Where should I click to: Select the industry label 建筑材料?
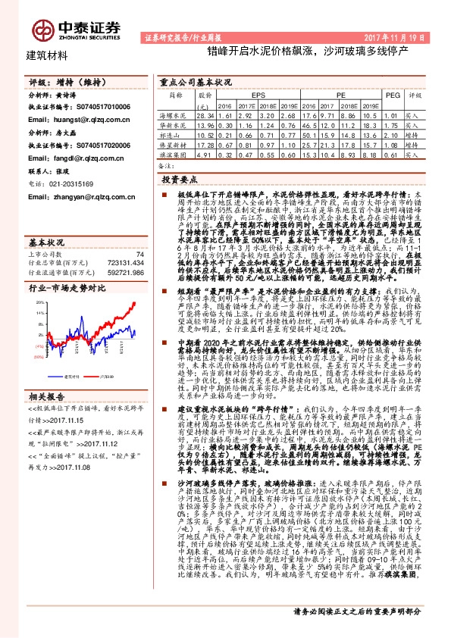[x=47, y=55]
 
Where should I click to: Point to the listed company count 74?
[x=139, y=255]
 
